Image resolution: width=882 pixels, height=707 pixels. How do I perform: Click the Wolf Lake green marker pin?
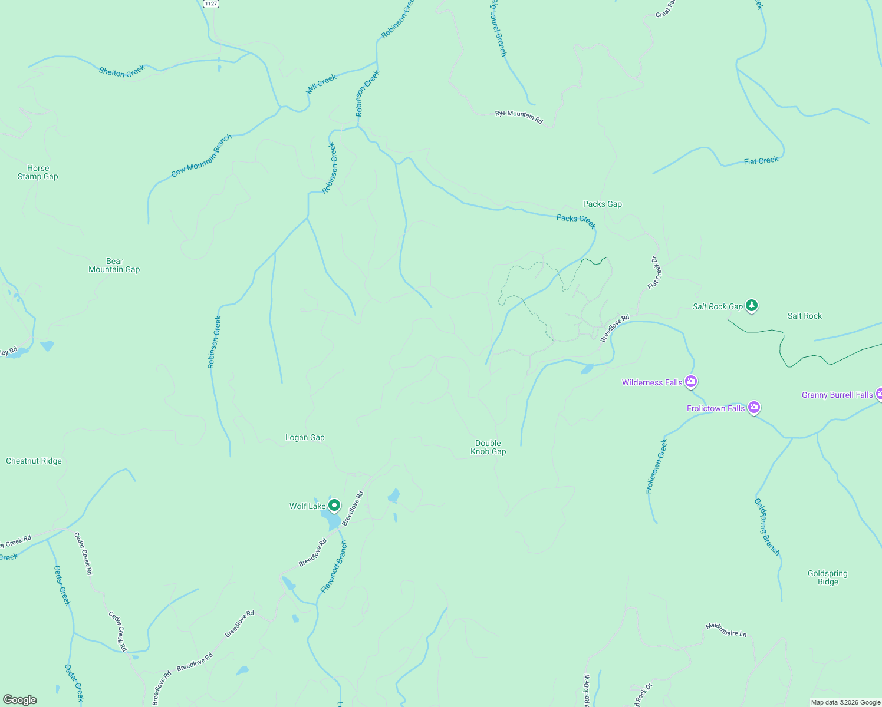coord(334,506)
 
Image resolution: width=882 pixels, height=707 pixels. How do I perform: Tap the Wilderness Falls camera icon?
coord(691,382)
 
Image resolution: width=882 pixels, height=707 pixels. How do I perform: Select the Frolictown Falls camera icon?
coord(753,407)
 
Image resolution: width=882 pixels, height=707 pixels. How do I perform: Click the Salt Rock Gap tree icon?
coord(751,305)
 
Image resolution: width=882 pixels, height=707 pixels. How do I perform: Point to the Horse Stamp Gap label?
coord(38,172)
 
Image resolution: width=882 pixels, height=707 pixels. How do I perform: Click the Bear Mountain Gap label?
coord(114,265)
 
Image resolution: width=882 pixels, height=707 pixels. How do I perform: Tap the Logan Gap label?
coord(305,437)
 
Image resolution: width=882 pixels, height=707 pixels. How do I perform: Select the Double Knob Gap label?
coord(488,447)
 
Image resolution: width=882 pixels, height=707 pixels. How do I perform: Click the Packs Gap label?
coord(602,204)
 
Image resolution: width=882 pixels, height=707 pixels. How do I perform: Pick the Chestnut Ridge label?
coord(34,461)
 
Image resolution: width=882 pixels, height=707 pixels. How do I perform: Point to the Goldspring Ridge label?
coord(827,577)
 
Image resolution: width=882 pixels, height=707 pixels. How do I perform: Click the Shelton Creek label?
coord(121,72)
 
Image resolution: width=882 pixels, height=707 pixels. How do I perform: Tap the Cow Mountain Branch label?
coord(202,156)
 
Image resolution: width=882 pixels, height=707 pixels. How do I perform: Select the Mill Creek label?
coord(321,84)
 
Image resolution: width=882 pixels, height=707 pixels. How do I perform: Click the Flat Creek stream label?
coord(761,161)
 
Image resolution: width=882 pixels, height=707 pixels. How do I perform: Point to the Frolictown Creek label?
coord(656,466)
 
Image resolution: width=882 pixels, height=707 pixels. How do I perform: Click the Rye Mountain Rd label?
coord(518,117)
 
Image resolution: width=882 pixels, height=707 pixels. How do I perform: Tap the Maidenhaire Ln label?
coord(726,630)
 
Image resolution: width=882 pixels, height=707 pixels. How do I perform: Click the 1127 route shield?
coord(210,4)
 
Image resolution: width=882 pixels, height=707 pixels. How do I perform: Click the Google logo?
coord(20,699)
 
